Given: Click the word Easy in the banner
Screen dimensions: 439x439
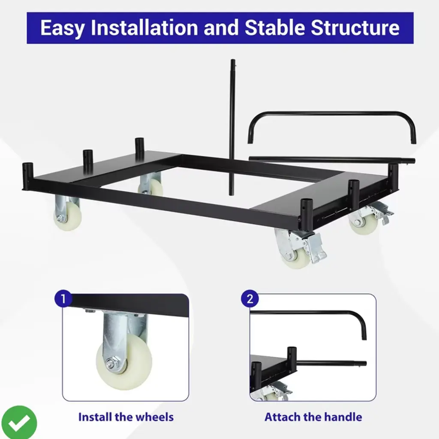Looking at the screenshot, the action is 62,28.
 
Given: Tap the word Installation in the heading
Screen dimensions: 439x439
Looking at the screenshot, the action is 144,27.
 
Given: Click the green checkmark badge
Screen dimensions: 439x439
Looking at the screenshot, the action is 18,422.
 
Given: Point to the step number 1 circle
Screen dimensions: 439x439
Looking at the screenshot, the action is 63,298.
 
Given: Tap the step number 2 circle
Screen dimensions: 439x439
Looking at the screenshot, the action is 250,298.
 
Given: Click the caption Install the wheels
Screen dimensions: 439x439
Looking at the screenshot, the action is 126,417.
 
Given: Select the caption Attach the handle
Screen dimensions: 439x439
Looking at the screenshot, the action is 313,417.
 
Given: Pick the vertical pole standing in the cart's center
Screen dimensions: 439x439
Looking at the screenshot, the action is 232,127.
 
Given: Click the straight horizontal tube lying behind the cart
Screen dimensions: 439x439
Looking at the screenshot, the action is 332,160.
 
